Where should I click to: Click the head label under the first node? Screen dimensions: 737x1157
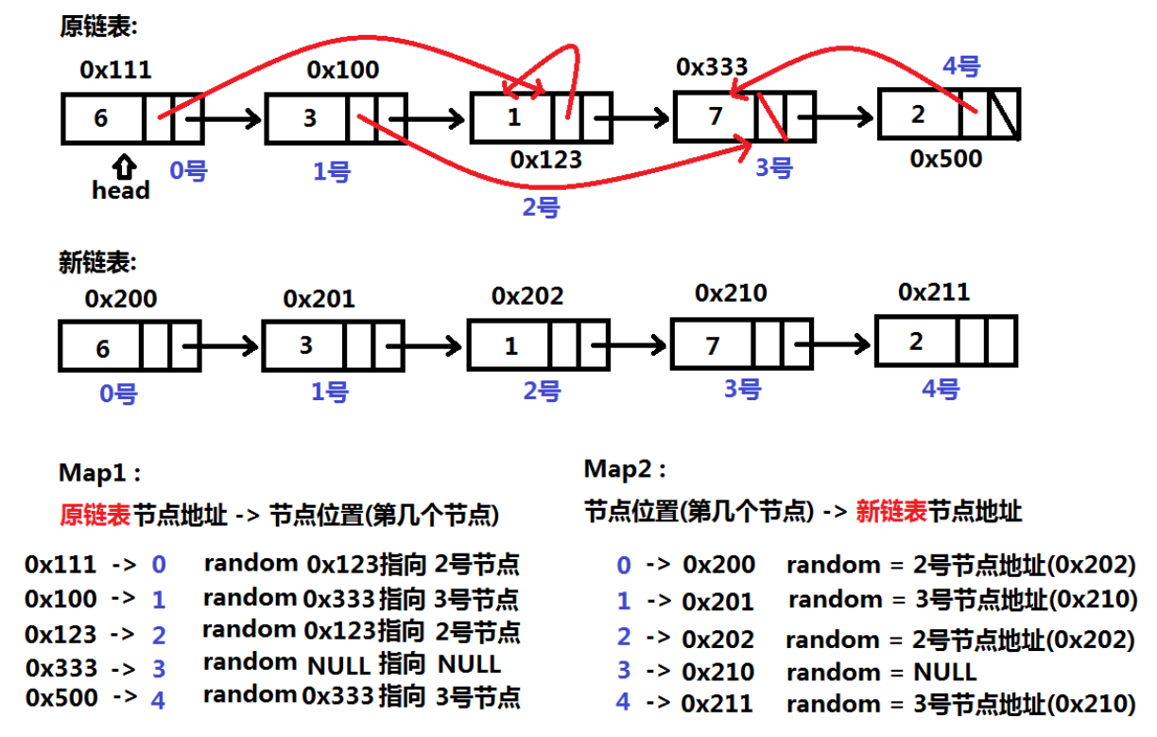click(x=120, y=190)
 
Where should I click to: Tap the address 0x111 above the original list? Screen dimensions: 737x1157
click(x=115, y=69)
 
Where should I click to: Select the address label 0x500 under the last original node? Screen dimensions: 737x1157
click(x=945, y=158)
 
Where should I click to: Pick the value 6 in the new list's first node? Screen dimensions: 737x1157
click(x=102, y=348)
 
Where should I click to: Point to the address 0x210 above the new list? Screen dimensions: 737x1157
click(x=731, y=293)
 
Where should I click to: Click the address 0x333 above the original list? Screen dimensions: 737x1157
click(x=712, y=67)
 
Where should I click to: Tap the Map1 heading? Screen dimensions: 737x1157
click(x=99, y=473)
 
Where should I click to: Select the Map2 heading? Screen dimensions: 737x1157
click(x=625, y=468)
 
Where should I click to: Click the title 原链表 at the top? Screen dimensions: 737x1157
click(x=98, y=26)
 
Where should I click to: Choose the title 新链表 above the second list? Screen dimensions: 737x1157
click(x=97, y=262)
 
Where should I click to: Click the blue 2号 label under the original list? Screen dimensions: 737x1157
click(x=541, y=206)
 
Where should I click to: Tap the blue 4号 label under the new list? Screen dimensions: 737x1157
click(x=941, y=388)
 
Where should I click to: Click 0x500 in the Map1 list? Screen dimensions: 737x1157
click(x=61, y=698)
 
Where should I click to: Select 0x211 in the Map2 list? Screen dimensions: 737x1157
click(x=718, y=703)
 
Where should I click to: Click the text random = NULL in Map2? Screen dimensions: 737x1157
click(x=881, y=672)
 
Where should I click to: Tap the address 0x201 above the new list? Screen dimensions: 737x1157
click(x=319, y=299)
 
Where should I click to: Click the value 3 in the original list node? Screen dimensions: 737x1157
click(x=309, y=118)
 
